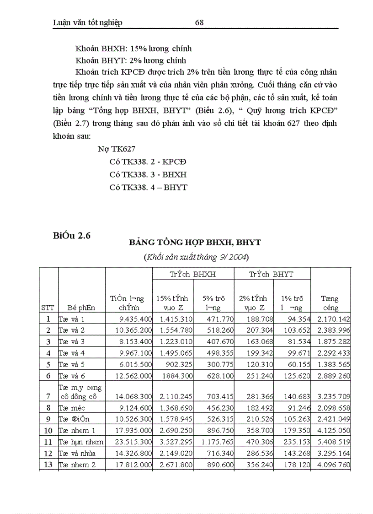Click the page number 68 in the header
pyautogui.click(x=199, y=22)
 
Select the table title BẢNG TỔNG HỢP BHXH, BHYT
pyautogui.click(x=195, y=242)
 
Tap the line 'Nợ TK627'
pyautogui.click(x=116, y=149)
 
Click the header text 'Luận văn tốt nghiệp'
pyautogui.click(x=88, y=22)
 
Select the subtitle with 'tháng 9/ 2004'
pyautogui.click(x=195, y=257)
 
